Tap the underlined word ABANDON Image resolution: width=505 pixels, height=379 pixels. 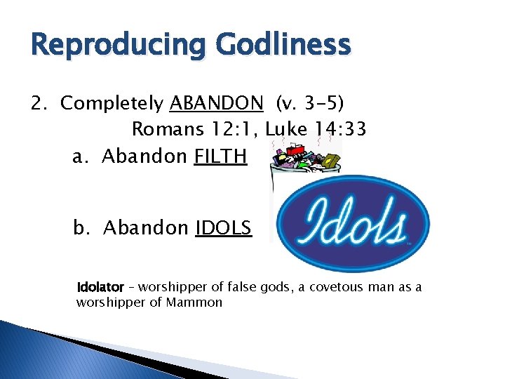[x=216, y=104]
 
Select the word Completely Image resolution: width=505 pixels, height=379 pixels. [x=112, y=105]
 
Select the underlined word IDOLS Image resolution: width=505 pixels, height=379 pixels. [x=223, y=228]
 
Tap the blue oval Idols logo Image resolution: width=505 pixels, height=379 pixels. [x=351, y=223]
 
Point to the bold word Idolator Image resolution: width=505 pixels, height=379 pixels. [x=100, y=288]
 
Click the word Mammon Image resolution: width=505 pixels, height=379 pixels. [x=194, y=303]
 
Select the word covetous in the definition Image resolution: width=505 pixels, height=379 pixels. [x=325, y=288]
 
